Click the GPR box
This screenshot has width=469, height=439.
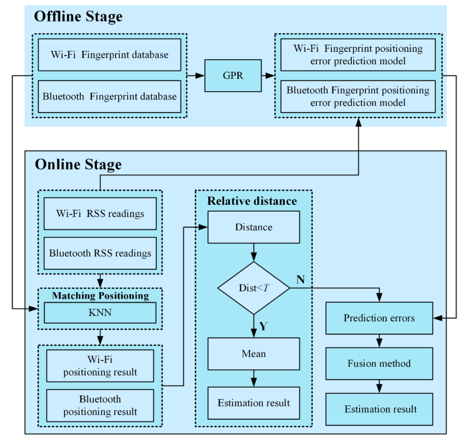click(x=233, y=75)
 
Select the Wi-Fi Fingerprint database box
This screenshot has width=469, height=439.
click(x=109, y=55)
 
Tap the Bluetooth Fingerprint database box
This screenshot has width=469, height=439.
click(x=109, y=96)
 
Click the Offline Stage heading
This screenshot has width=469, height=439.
click(x=78, y=16)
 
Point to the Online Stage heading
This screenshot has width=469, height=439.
click(x=78, y=164)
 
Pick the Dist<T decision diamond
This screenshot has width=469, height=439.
click(x=254, y=288)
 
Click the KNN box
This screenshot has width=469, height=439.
click(x=100, y=313)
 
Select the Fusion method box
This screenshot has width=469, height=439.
click(x=379, y=364)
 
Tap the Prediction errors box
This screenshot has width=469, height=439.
click(x=379, y=318)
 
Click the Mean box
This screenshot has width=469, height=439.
click(x=254, y=354)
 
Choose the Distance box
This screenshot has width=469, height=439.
click(x=254, y=227)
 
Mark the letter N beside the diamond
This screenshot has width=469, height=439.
click(x=300, y=280)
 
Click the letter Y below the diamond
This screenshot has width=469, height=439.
click(x=263, y=326)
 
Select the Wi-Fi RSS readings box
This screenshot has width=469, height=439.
click(x=100, y=214)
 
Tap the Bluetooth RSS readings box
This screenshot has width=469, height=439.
click(x=100, y=253)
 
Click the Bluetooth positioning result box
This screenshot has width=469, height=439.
click(x=100, y=405)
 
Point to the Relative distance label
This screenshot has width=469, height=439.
click(x=252, y=201)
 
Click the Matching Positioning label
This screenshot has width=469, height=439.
click(x=100, y=296)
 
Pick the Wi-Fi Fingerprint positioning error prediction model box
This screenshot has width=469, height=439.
click(x=358, y=55)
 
